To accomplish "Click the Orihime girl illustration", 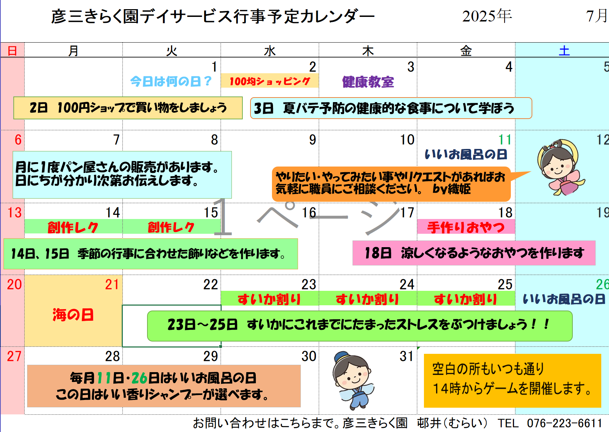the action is [560, 167].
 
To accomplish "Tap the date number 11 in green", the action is [505, 140].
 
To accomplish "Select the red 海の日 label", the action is [73, 315].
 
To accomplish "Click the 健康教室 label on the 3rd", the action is [368, 82].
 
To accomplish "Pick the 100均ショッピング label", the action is [270, 81].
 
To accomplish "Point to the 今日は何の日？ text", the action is [171, 82].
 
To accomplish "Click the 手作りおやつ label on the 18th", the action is [466, 227].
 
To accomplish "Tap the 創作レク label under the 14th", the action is [73, 227].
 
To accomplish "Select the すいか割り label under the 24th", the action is [367, 299].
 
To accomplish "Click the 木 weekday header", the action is [368, 51].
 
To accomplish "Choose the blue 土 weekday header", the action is [564, 51].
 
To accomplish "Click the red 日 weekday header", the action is [12, 51].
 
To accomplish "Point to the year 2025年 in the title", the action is [487, 16].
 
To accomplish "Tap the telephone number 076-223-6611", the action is [565, 423].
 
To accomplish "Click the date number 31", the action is [406, 356].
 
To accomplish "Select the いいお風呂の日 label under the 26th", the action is [564, 299].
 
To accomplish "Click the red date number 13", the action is [14, 213].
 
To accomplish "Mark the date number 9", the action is [312, 140].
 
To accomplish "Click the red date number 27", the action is [14, 356].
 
